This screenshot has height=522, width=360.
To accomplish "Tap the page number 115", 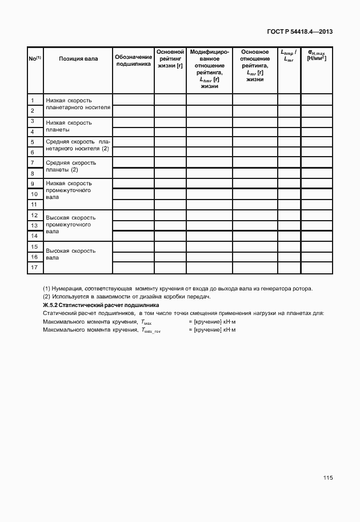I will pyautogui.click(x=327, y=477).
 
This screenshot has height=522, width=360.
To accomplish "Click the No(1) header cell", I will pyautogui.click(x=34, y=58).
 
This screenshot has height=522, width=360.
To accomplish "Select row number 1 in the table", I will pyautogui.click(x=34, y=101).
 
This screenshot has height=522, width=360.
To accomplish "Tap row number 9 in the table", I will pyautogui.click(x=34, y=184).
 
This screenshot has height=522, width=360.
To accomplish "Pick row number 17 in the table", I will pyautogui.click(x=34, y=268).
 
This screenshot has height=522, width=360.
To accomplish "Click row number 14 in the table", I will pyautogui.click(x=34, y=236).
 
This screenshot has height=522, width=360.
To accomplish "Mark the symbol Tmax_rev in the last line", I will pyautogui.click(x=151, y=331).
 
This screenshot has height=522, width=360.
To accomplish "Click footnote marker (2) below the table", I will pyautogui.click(x=47, y=296).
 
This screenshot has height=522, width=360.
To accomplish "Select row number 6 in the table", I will pyautogui.click(x=34, y=153).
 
